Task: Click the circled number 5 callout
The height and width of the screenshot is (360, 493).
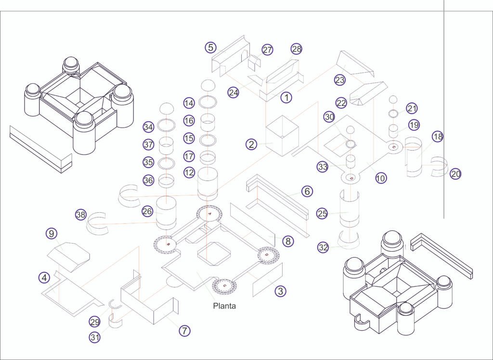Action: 211,48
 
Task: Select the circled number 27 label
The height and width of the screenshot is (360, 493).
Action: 267,50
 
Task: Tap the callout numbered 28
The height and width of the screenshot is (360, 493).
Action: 297,49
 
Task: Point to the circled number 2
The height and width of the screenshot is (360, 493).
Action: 251,144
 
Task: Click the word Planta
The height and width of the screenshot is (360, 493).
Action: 224,306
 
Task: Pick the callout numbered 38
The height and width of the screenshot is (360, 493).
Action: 81,215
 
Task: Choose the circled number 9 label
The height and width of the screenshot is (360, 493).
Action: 52,233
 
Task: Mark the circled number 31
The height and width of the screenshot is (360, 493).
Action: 95,337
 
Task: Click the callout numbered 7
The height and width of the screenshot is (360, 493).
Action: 184,331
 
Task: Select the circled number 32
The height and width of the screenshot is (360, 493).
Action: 323,247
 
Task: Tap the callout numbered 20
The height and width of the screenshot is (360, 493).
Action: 455,174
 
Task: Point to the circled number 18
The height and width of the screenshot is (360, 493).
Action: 438,137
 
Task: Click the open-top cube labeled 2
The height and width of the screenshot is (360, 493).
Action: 282,136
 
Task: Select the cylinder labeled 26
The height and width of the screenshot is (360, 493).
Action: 166,213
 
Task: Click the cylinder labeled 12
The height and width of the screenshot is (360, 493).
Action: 207,184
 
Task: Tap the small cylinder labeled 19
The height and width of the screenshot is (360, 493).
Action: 393,131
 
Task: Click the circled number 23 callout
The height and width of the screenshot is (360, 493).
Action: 339,80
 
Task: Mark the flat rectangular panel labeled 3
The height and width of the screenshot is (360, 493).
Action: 268,280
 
